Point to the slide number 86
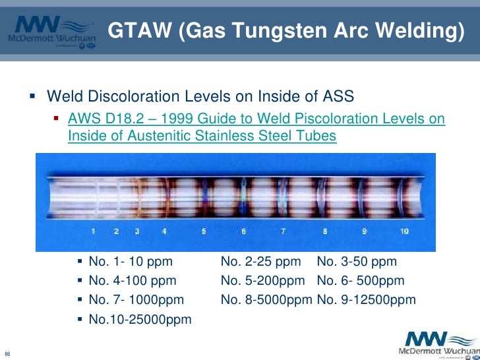(x=8, y=351)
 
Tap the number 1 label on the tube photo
(x=94, y=231)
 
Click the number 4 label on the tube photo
(x=164, y=231)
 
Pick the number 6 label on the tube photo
(x=244, y=231)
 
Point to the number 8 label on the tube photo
(x=325, y=231)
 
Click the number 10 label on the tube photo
(x=404, y=231)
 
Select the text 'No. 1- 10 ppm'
(x=130, y=262)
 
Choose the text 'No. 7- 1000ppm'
(x=136, y=300)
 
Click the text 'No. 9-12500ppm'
(x=366, y=300)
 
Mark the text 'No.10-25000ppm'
(x=140, y=320)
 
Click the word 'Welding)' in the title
(x=418, y=30)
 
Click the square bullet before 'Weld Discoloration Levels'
(x=33, y=97)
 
